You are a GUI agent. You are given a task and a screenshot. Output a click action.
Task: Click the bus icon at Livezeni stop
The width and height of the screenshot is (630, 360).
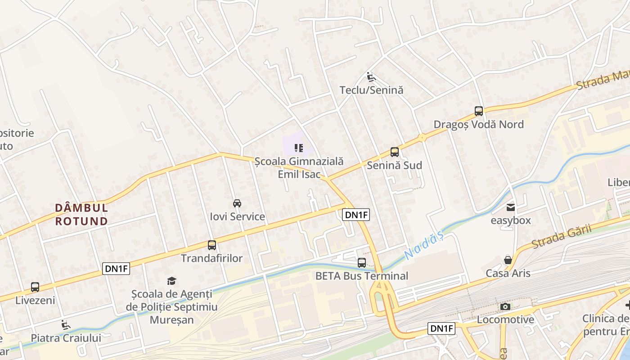pos(35,287)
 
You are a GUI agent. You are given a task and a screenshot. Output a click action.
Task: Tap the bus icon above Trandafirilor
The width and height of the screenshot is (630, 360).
pos(212,245)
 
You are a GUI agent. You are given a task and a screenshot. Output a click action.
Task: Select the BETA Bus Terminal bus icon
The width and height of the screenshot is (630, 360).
pos(362,263)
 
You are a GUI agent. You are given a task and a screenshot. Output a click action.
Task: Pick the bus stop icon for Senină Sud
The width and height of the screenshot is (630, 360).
pos(395,152)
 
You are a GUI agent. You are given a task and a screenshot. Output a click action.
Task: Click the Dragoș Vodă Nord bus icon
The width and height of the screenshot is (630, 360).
pos(479,111)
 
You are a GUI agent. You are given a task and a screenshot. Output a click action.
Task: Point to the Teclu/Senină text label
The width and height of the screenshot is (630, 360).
pos(371,90)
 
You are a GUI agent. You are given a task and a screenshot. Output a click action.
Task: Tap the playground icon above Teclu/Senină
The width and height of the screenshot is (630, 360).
pos(371,77)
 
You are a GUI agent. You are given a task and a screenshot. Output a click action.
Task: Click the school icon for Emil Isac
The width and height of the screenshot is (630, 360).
pos(298,148)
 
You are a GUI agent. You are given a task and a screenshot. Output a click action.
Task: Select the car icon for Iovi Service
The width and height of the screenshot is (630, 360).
pos(237,203)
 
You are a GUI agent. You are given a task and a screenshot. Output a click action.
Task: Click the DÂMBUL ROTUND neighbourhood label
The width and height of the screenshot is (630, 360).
pos(81,215)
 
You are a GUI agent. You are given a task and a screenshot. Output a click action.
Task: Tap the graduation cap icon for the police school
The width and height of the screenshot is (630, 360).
pos(171,281)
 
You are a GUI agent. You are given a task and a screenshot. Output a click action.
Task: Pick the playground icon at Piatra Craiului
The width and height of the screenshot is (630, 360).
pos(66,324)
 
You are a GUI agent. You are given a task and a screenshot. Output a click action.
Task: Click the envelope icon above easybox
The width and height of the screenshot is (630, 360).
pos(511,207)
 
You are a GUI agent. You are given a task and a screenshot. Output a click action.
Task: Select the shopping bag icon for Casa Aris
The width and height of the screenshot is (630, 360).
pos(508,260)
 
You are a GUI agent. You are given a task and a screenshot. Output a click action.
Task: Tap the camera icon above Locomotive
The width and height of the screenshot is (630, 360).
pos(505,307)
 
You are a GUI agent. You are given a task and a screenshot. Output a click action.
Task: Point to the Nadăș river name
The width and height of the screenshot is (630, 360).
pos(423,246)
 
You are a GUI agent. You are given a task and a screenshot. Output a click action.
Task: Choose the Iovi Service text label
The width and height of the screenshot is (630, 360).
pos(237,216)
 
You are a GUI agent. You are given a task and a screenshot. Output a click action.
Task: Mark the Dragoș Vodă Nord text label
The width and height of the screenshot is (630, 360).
pos(478,124)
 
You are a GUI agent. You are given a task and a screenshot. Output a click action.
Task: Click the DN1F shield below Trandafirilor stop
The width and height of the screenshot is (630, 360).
pos(117,269)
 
